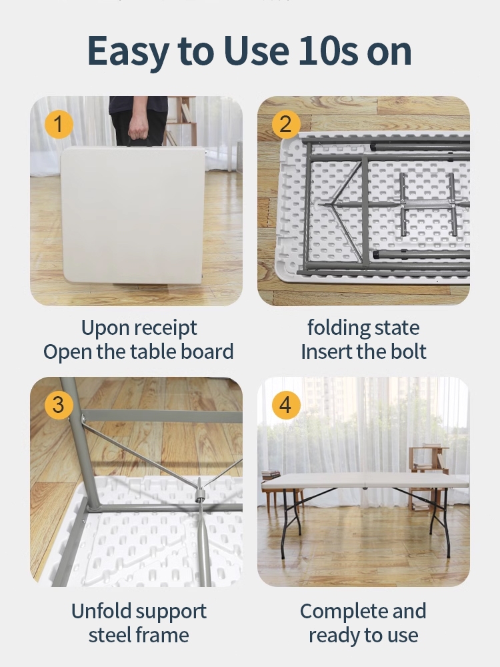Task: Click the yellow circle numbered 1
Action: tap(59, 124)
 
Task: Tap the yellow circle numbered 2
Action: tap(286, 124)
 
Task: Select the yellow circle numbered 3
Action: tap(59, 405)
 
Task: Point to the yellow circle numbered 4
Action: tap(286, 405)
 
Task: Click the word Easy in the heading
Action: tap(129, 52)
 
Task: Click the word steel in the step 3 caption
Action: tap(109, 635)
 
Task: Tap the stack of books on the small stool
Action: tap(271, 474)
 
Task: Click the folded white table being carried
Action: tap(133, 214)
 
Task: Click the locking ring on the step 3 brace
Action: tap(200, 496)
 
